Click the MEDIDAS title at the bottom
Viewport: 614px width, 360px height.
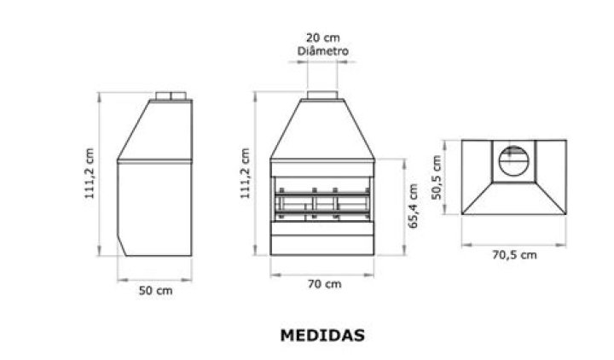(322, 335)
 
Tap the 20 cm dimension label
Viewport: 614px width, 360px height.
(322, 37)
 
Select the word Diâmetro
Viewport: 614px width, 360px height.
(322, 51)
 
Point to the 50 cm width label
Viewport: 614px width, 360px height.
(154, 290)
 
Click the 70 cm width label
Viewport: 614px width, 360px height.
(322, 284)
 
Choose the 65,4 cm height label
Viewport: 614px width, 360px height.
(413, 207)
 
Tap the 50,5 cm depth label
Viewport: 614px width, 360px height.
(437, 177)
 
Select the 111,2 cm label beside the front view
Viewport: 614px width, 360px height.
(245, 174)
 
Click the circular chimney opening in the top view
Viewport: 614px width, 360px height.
(513, 160)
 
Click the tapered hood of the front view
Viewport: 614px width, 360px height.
(322, 128)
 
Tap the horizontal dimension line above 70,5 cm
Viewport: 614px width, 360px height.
(513, 244)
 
